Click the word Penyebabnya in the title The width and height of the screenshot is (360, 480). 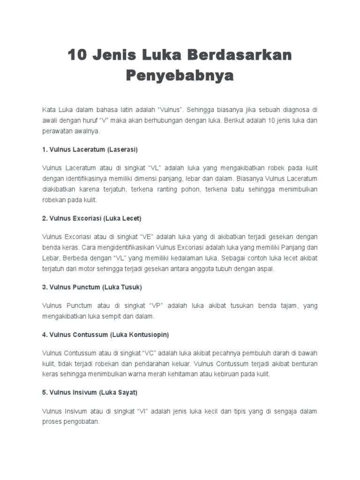pos(180,75)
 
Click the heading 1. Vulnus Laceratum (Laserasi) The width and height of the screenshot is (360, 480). pos(90,150)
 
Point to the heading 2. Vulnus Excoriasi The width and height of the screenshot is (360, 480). pos(92,218)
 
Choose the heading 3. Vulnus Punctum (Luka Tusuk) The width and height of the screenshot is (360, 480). pos(92,286)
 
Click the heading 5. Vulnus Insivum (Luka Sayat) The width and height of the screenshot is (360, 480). pos(90,391)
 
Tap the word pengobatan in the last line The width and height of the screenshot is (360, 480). pos(83,421)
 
